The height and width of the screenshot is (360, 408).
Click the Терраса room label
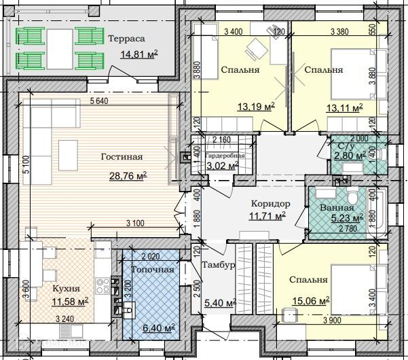(x=126, y=39)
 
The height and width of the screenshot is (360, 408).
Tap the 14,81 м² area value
(x=139, y=54)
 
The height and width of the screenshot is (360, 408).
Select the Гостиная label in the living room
(x=122, y=157)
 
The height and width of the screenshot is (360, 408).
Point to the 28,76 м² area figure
(x=128, y=176)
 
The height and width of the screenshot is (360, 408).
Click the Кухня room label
(x=66, y=289)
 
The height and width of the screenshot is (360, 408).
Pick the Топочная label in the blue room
(x=153, y=270)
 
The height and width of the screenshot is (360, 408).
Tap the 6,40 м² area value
(x=159, y=327)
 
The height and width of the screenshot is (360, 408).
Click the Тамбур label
(x=219, y=265)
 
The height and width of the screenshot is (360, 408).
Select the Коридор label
(x=271, y=203)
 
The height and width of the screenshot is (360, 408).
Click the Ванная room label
(x=337, y=207)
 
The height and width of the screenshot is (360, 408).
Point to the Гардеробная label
(x=225, y=156)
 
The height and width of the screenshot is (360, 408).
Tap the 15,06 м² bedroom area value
(x=311, y=301)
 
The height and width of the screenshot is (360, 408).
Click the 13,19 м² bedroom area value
(x=257, y=107)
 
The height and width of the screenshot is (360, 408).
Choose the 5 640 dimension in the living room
(x=99, y=101)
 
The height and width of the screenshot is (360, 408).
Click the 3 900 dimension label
(x=333, y=320)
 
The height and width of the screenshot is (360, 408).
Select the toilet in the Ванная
(x=353, y=197)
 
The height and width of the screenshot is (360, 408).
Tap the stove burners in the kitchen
(x=103, y=285)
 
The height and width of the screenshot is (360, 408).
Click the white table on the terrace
(x=60, y=49)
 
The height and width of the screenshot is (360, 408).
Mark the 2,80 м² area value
(x=350, y=156)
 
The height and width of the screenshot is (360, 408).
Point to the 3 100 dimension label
(x=135, y=223)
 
